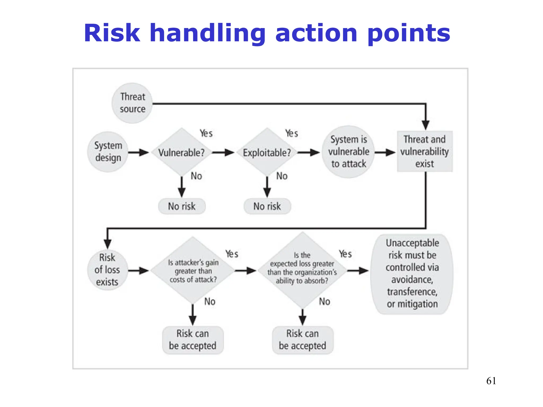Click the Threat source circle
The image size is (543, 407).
pos(132,103)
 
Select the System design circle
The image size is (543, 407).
pos(108,152)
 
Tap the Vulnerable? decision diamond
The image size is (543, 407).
pos(182,152)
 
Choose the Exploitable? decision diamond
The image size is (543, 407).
pos(267,152)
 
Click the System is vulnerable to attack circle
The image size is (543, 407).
pos(348,152)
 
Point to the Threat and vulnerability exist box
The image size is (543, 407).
pos(424,152)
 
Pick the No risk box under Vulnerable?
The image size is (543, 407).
pos(182,206)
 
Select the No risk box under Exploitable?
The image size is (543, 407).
pos(267,206)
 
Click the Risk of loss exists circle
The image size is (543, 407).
pos(107,270)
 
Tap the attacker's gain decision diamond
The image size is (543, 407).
pos(193,271)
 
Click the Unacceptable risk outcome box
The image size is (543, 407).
pos(412,274)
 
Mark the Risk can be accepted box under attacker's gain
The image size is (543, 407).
pos(193,340)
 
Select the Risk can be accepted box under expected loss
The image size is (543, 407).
pos(303,340)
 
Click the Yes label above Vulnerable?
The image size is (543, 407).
pos(206,133)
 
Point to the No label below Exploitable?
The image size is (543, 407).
pos(282,176)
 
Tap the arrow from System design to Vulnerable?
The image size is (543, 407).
pos(138,152)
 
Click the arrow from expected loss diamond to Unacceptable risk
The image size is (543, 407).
pos(357,271)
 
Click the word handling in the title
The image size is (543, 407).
pos(207,34)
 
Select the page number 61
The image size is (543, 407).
pos(491,381)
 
